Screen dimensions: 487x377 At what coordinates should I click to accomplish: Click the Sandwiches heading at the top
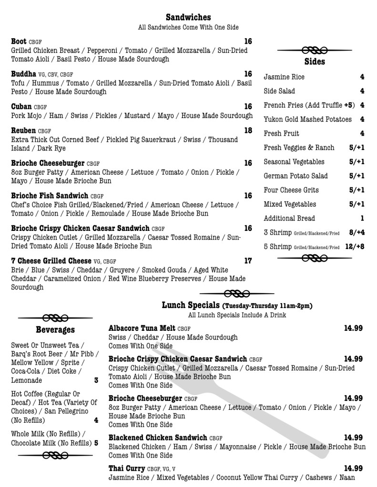188,18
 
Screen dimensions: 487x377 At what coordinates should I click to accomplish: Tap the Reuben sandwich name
23,130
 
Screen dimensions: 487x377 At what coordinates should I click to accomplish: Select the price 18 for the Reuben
248,130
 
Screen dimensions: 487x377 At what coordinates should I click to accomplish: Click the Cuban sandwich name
21,107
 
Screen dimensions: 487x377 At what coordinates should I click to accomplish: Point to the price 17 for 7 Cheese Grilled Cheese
248,261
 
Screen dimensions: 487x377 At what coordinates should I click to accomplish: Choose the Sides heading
315,62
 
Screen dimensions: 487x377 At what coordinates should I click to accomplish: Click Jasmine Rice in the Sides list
284,77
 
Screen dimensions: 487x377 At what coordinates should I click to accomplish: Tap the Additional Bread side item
289,219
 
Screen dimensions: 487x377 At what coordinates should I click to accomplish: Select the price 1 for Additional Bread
362,219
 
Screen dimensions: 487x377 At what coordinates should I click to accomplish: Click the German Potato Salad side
295,176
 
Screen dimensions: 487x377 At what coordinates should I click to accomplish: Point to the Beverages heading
55,330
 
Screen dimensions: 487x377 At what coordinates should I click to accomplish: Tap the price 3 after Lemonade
96,380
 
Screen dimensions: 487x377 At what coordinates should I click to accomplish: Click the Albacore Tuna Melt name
142,328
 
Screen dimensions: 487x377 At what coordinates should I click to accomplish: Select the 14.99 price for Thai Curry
353,468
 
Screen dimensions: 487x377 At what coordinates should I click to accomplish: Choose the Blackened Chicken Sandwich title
158,438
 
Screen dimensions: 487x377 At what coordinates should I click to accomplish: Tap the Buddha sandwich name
24,74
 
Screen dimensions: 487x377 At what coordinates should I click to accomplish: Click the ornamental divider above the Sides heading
315,50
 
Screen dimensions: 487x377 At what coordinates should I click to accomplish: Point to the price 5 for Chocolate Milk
96,443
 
